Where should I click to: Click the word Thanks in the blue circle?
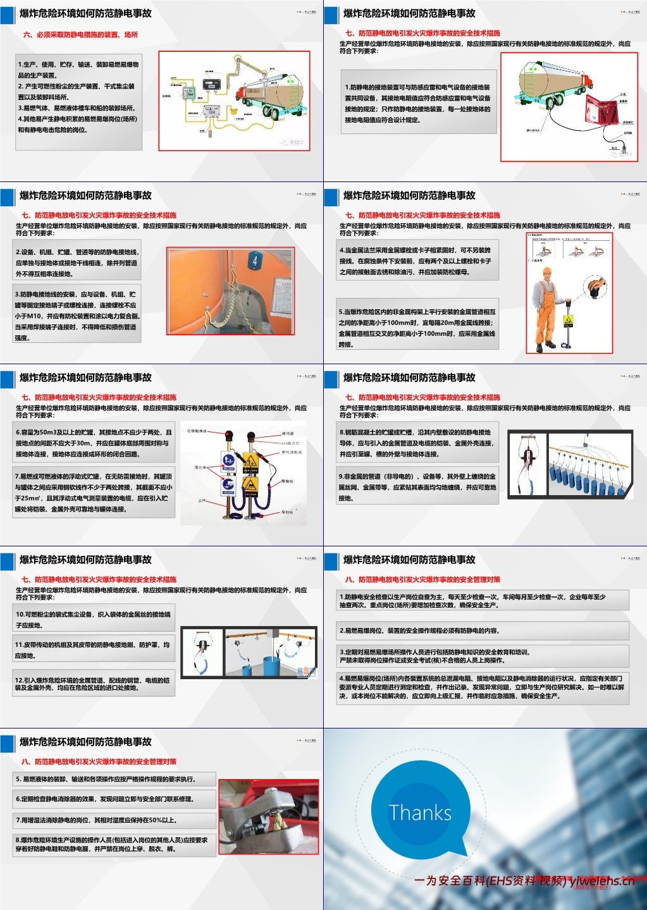pyautogui.click(x=420, y=813)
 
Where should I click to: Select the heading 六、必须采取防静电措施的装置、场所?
pyautogui.click(x=80, y=35)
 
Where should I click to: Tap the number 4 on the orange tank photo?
pyautogui.click(x=254, y=260)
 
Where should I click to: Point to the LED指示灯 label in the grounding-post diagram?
pyautogui.click(x=290, y=443)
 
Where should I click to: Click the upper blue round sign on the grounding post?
pyautogui.click(x=230, y=460)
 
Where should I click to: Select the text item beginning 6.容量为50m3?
pyautogui.click(x=94, y=443)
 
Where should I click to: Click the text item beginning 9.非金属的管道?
pyautogui.click(x=417, y=487)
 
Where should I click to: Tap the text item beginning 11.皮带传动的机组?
pyautogui.click(x=94, y=650)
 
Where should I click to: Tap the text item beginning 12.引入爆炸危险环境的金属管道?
pyautogui.click(x=94, y=684)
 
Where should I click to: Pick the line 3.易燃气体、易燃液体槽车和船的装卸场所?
pyautogui.click(x=77, y=108)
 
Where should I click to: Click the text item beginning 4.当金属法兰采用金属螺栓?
pyautogui.click(x=417, y=261)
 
